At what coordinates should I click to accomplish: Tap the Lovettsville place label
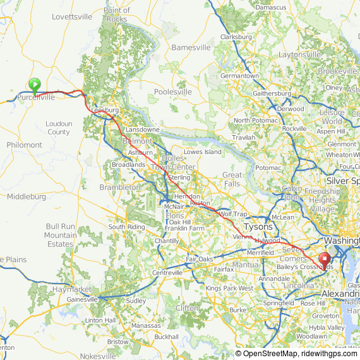pyautogui.click(x=71, y=16)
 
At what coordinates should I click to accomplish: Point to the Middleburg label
pyautogui.click(x=26, y=196)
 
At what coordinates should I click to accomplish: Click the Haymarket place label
pyautogui.click(x=68, y=289)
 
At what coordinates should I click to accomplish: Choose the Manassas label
pyautogui.click(x=147, y=325)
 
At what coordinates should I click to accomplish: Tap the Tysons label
pyautogui.click(x=258, y=227)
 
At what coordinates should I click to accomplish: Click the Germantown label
pyautogui.click(x=239, y=76)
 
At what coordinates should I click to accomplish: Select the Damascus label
pyautogui.click(x=270, y=7)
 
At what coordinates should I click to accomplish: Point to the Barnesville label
pyautogui.click(x=191, y=47)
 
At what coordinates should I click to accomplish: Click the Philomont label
pyautogui.click(x=25, y=145)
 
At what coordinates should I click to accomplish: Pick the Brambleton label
pyautogui.click(x=120, y=188)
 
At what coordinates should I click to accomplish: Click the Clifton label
pyautogui.click(x=187, y=308)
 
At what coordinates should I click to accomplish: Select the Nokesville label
pyautogui.click(x=98, y=356)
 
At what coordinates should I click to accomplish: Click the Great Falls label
pyautogui.click(x=232, y=179)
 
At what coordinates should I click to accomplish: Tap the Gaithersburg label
pyautogui.click(x=272, y=93)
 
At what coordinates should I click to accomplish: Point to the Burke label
pyautogui.click(x=237, y=310)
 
